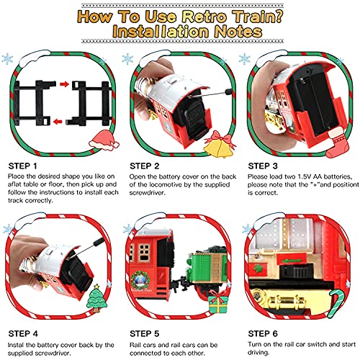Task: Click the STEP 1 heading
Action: [23, 166]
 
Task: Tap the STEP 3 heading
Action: [263, 166]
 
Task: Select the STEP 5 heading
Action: [144, 333]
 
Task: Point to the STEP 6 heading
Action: [263, 333]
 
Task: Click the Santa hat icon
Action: [104, 140]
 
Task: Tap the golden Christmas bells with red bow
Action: [220, 145]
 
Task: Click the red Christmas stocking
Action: [337, 142]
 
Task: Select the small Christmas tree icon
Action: [96, 298]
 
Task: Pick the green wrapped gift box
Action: [217, 302]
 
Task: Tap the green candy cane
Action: [336, 303]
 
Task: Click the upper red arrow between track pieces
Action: [64, 84]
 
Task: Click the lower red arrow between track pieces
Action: [58, 122]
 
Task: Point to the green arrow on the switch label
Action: [292, 261]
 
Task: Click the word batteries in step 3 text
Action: [338, 176]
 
